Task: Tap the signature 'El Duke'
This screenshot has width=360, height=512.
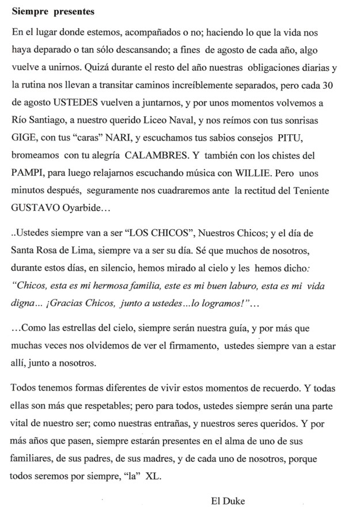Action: [x=228, y=501]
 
